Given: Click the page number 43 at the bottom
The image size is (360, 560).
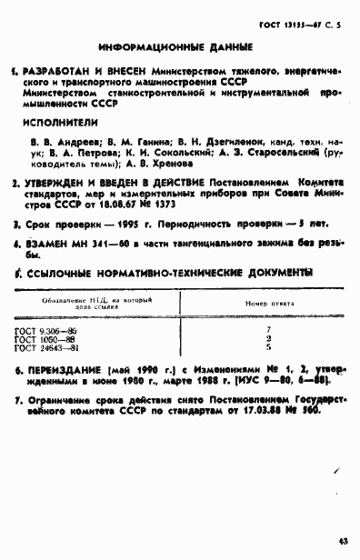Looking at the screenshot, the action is tap(343, 543).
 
